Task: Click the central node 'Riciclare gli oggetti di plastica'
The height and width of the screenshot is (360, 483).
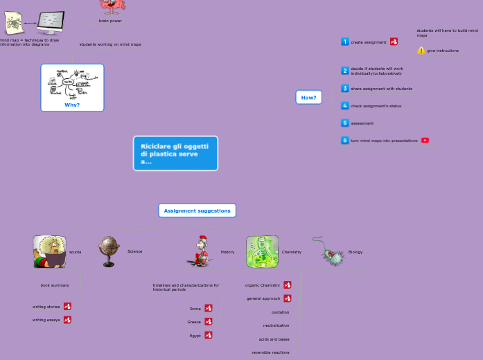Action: click(175, 153)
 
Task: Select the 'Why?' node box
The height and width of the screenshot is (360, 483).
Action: click(72, 88)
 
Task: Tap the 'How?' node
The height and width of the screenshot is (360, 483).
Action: click(308, 98)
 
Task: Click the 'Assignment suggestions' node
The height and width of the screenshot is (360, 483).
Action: click(197, 210)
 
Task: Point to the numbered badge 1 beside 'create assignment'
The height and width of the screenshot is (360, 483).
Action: click(345, 42)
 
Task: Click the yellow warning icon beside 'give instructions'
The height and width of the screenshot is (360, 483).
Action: click(421, 51)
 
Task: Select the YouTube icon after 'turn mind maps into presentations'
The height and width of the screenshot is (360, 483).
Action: click(425, 141)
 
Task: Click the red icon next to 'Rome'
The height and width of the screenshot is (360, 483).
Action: click(209, 309)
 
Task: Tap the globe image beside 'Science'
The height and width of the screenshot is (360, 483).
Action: click(109, 251)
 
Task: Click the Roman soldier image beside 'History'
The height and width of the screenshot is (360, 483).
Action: click(200, 251)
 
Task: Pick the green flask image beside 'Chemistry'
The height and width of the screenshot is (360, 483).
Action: click(262, 252)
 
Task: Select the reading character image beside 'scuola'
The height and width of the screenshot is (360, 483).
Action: click(49, 252)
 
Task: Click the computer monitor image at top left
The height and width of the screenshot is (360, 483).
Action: click(51, 22)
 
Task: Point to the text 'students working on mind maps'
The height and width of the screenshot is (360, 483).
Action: click(110, 44)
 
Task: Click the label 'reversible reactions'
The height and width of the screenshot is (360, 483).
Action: click(270, 352)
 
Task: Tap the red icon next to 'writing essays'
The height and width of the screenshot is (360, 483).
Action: click(67, 320)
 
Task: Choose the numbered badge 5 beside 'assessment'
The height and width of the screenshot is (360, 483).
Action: click(345, 123)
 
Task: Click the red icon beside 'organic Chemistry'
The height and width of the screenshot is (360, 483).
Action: click(288, 285)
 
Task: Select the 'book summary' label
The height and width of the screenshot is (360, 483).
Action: click(55, 285)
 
